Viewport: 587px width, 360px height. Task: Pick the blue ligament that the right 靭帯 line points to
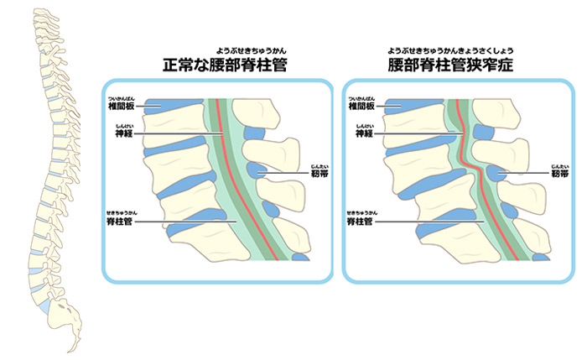tap(498, 174)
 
